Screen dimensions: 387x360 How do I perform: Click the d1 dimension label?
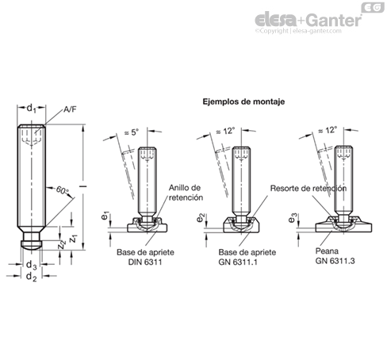(32, 108)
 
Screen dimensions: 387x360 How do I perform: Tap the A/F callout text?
(70, 109)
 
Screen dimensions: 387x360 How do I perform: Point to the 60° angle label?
(62, 190)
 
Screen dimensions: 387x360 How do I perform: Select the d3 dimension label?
(32, 265)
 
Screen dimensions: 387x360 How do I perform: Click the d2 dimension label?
(32, 277)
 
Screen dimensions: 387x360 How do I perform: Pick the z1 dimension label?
(73, 239)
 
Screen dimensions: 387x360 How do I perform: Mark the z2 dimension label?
(62, 244)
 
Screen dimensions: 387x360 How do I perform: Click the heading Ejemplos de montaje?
(243, 101)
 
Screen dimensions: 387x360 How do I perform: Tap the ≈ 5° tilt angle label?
(132, 132)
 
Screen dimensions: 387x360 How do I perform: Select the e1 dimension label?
(105, 216)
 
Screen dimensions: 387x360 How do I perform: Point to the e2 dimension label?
(201, 217)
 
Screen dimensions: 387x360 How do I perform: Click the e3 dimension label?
(293, 217)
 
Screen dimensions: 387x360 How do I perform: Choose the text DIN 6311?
(145, 262)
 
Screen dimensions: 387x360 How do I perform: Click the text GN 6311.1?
(238, 262)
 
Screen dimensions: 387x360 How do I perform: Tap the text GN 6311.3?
(335, 261)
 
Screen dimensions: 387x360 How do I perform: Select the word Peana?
(327, 251)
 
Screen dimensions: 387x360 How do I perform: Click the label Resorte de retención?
(308, 189)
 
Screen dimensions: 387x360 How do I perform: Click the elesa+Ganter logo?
(308, 21)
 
